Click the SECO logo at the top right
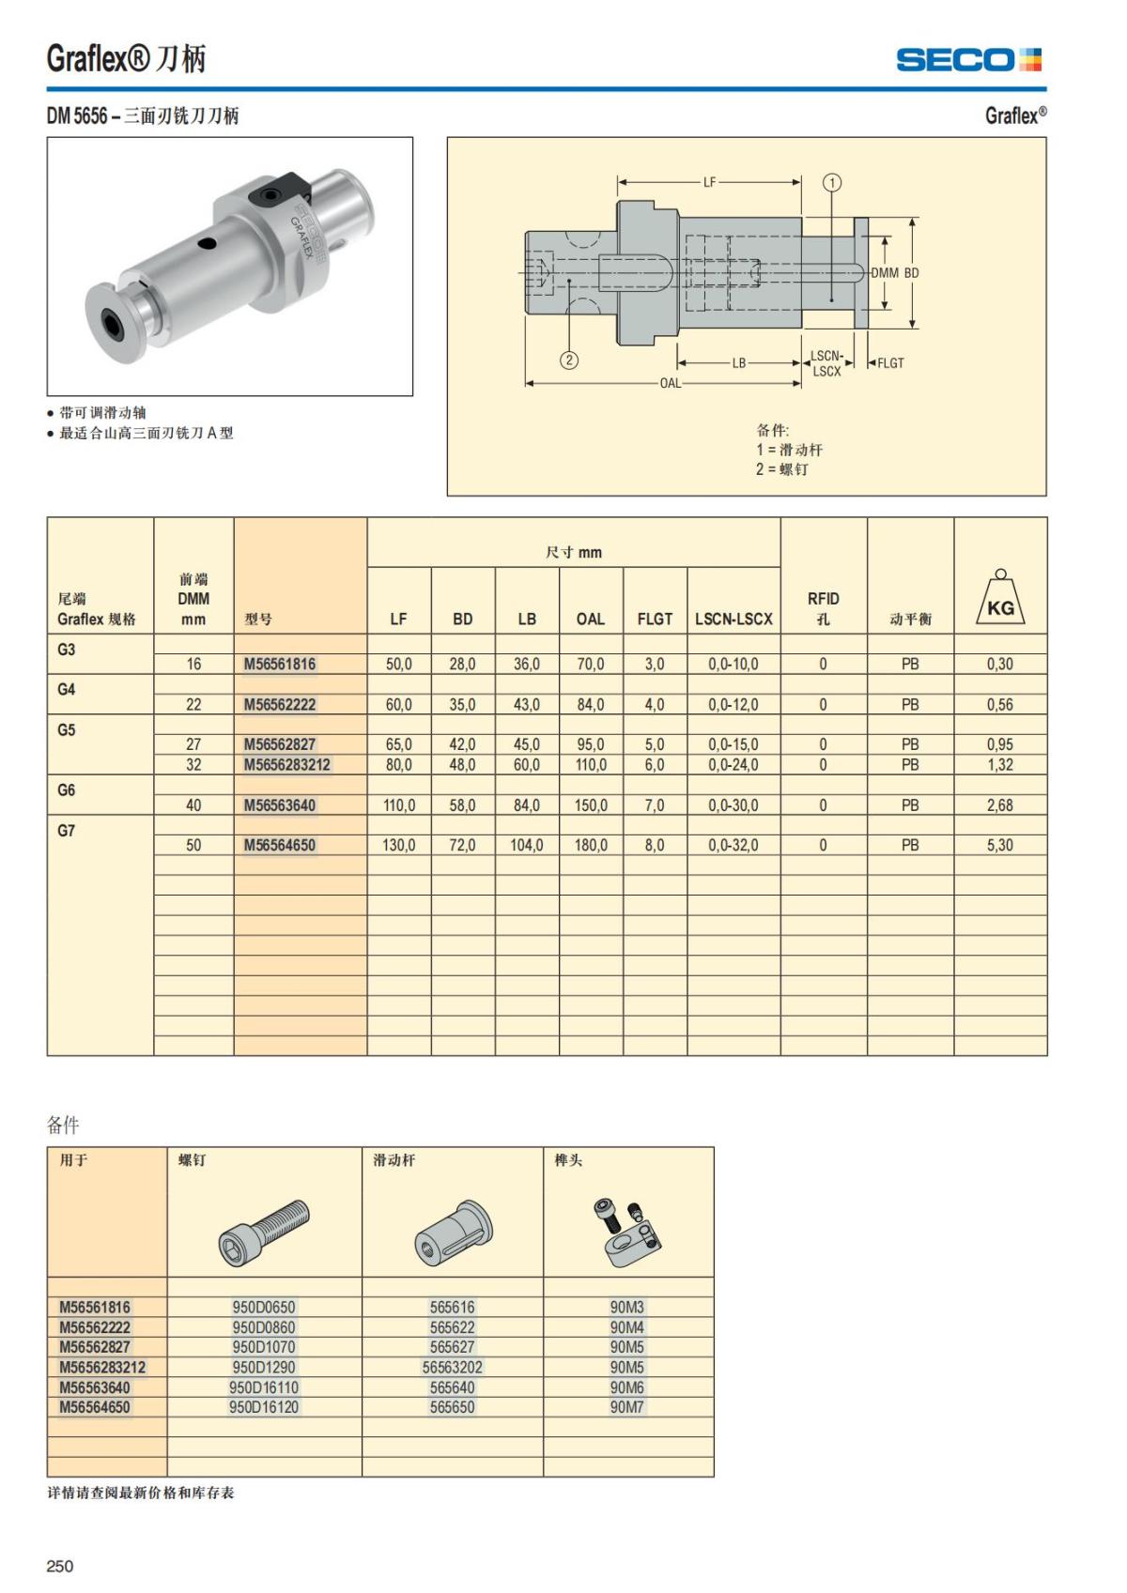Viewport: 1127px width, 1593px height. click(x=968, y=60)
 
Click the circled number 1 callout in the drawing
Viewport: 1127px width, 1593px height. click(x=832, y=182)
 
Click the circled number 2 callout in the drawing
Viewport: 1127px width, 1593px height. click(x=569, y=360)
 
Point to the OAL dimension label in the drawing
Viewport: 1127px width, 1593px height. click(x=670, y=383)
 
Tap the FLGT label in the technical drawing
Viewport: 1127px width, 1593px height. click(x=890, y=363)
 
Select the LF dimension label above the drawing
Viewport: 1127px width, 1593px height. click(x=710, y=182)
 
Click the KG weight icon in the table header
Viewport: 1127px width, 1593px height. click(x=1000, y=601)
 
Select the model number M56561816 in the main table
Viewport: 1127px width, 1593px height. click(x=280, y=664)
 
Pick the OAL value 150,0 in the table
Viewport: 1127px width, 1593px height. click(x=591, y=805)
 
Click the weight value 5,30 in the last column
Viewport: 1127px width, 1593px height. click(x=999, y=845)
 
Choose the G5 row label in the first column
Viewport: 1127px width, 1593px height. click(x=67, y=729)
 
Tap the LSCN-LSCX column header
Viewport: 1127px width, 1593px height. click(x=733, y=619)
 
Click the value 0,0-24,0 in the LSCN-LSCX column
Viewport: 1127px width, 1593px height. click(x=733, y=764)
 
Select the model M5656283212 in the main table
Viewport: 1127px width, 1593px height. click(x=287, y=764)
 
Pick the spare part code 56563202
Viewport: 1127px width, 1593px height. click(x=452, y=1367)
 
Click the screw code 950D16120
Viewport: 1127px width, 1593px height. click(x=264, y=1406)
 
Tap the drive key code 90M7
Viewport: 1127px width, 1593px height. click(x=627, y=1406)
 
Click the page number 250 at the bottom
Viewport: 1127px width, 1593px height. click(x=60, y=1565)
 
